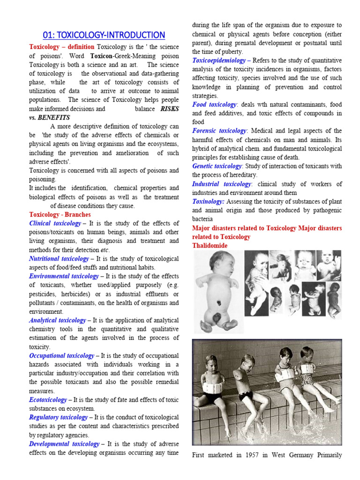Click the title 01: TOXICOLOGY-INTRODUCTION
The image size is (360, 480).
pyautogui.click(x=104, y=35)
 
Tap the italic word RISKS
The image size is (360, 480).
pyautogui.click(x=169, y=109)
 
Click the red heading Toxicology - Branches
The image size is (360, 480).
pyautogui.click(x=60, y=214)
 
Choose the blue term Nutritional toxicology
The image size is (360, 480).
pyautogui.click(x=59, y=258)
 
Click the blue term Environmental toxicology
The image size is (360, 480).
pyautogui.click(x=64, y=276)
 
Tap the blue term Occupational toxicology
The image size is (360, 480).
pyautogui.click(x=61, y=355)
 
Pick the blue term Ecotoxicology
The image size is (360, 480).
pyautogui.click(x=48, y=399)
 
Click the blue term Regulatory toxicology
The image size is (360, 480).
pyautogui.click(x=58, y=417)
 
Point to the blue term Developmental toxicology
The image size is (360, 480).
pyautogui.click(x=64, y=443)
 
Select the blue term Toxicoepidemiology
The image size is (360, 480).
pyautogui.click(x=219, y=60)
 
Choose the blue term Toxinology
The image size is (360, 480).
pyautogui.click(x=208, y=201)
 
